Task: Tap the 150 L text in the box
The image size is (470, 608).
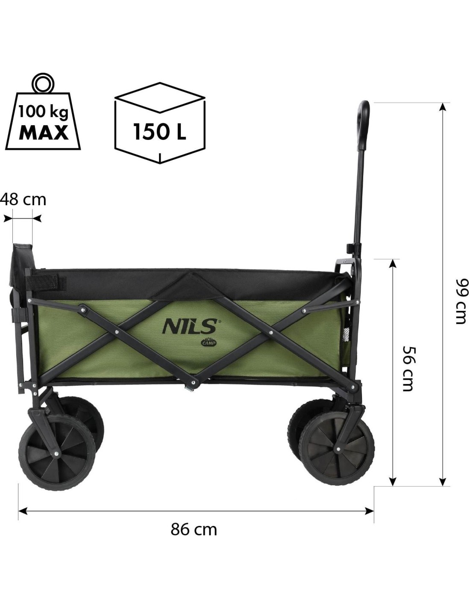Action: pos(160,132)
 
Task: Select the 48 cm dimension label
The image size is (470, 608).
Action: pos(23,200)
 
